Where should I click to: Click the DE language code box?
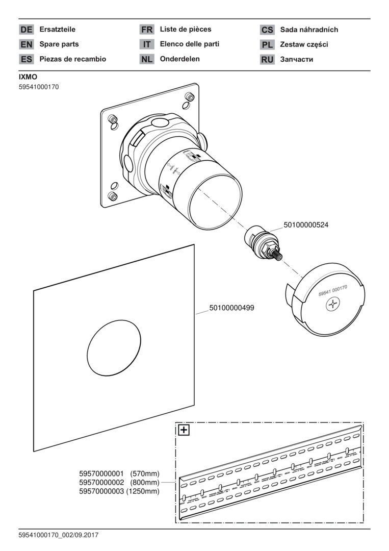click(26, 30)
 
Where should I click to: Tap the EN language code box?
click(26, 44)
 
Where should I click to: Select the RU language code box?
click(267, 59)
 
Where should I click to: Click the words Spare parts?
click(59, 44)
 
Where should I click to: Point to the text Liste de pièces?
click(186, 30)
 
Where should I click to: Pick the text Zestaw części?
click(304, 44)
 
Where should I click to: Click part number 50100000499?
click(231, 308)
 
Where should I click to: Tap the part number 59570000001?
click(101, 474)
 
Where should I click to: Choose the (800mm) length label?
click(145, 483)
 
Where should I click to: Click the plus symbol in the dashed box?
click(184, 430)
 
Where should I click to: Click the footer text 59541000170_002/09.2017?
click(59, 535)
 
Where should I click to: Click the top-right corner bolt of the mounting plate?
click(190, 96)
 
